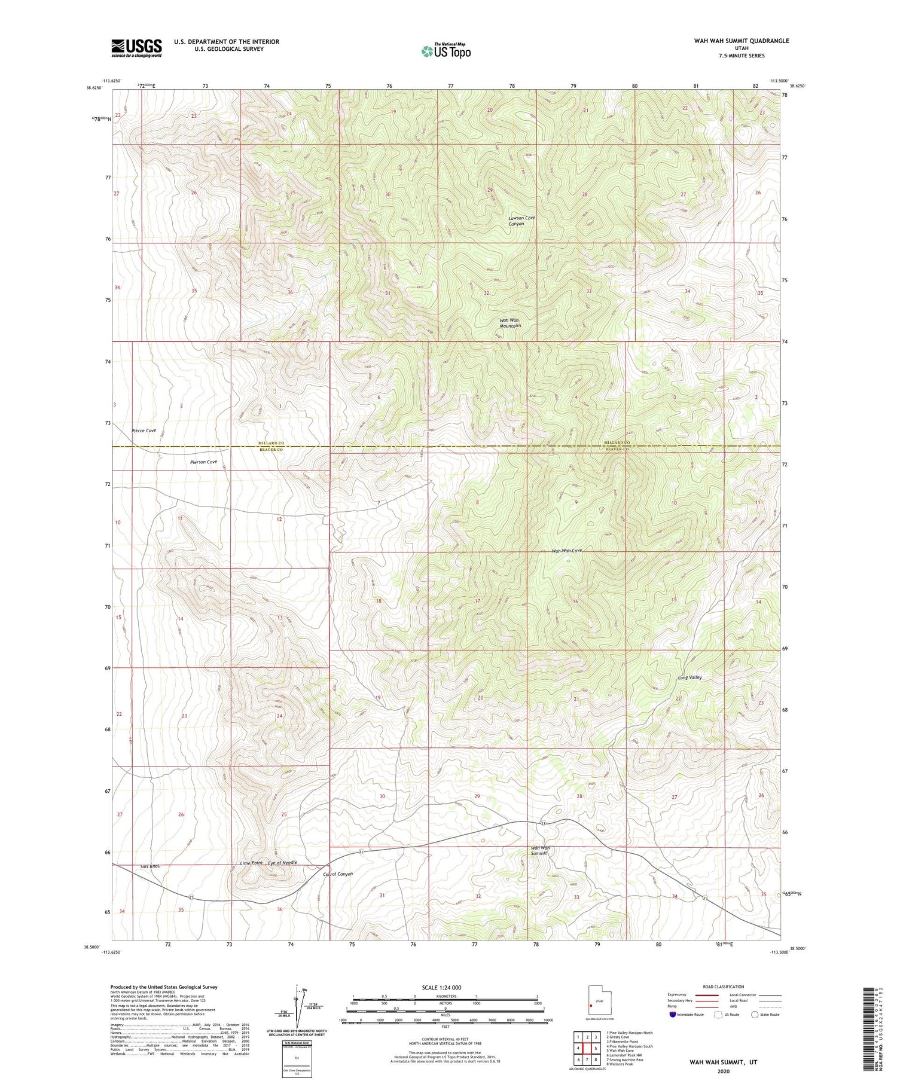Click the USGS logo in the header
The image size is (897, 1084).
click(136, 48)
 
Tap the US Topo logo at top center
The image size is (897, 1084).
click(446, 51)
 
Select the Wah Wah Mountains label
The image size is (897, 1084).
click(510, 323)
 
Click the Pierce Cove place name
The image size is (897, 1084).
click(144, 430)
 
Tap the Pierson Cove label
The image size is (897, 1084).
click(203, 462)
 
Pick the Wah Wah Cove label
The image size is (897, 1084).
click(566, 550)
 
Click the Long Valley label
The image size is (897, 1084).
click(689, 677)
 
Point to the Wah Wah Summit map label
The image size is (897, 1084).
click(540, 850)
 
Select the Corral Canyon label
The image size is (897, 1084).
click(337, 874)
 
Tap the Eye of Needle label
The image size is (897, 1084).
click(282, 862)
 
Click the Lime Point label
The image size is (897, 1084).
click(251, 863)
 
